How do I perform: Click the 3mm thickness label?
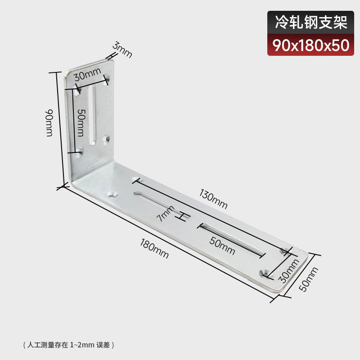122,49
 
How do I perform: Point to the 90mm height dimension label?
49,123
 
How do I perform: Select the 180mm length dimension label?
154,249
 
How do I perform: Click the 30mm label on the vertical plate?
88,74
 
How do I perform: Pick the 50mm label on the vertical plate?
80,123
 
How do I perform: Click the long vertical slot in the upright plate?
94,116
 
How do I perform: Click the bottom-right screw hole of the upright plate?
106,140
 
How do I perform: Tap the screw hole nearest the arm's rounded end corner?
264,273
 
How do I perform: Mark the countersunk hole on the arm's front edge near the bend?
112,195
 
